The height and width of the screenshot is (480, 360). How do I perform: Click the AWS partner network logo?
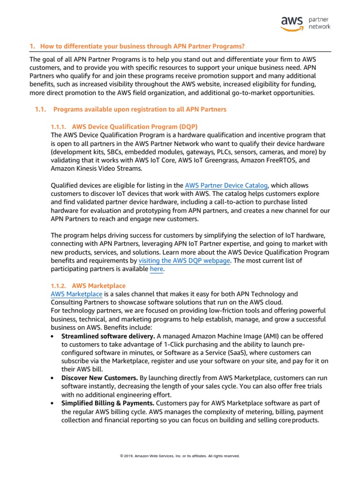coord(305,22)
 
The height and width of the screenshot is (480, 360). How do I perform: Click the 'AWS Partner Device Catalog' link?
coord(226,186)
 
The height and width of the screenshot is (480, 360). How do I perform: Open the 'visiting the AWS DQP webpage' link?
coord(184,260)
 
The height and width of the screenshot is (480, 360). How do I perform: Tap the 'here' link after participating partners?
coord(157,269)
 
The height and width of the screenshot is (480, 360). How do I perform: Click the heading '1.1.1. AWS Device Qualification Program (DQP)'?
coord(124,127)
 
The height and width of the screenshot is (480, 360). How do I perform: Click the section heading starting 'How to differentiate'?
coord(137,46)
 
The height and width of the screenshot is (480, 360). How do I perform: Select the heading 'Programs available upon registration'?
coord(140,109)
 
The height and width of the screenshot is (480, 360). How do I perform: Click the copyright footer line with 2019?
coord(180,456)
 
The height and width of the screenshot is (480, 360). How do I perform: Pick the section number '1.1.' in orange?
coord(41,109)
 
